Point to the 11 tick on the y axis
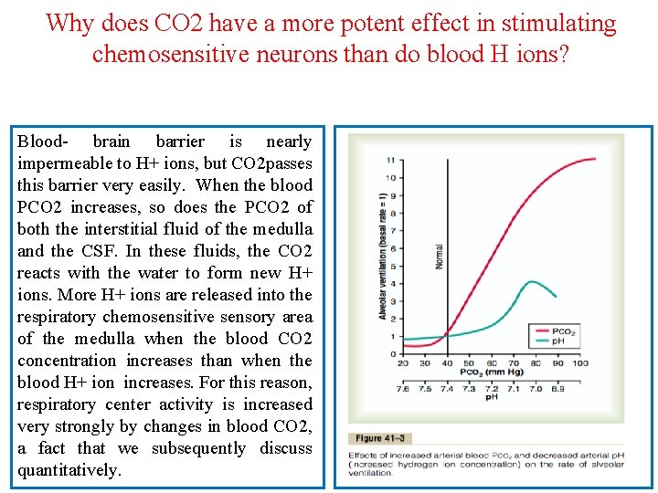click(390, 161)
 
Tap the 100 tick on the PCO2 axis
click(579, 363)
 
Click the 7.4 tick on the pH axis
click(446, 388)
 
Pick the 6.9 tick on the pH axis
click(557, 388)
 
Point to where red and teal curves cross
click(447, 337)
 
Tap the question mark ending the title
click(563, 54)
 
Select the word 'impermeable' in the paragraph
click(61, 163)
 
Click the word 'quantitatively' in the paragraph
click(68, 470)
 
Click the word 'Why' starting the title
click(68, 23)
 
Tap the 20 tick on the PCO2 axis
click(403, 363)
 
